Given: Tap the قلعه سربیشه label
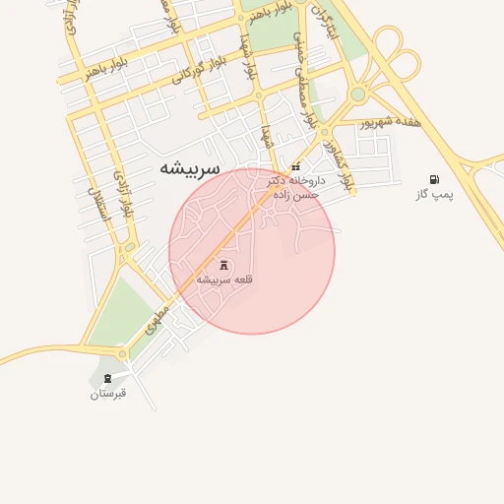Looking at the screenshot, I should (225, 280).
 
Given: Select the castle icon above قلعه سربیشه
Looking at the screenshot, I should (224, 265).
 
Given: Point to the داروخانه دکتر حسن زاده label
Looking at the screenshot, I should (293, 188).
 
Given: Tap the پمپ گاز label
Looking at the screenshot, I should (434, 195).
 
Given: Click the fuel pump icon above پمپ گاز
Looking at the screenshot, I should (434, 179).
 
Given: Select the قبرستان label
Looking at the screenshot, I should (108, 394).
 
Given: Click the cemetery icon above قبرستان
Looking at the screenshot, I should (107, 378).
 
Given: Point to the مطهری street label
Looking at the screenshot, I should (157, 321).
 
